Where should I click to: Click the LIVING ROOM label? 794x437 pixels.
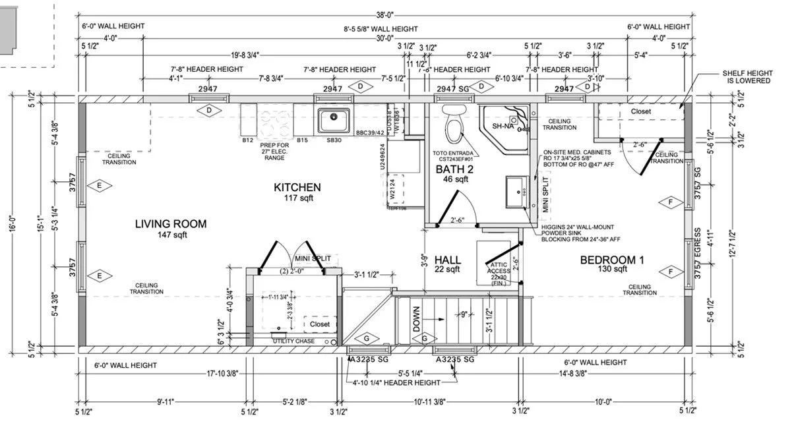tap(170, 224)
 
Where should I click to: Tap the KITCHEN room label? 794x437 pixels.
tap(297, 188)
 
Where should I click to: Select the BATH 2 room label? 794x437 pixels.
tap(452, 170)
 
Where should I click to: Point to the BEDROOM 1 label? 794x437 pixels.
tap(611, 260)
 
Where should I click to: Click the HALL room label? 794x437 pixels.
tap(447, 260)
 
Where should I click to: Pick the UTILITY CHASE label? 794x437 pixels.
tap(295, 341)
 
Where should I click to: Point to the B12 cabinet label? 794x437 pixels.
tap(247, 140)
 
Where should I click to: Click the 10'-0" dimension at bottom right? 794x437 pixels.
tap(603, 401)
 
